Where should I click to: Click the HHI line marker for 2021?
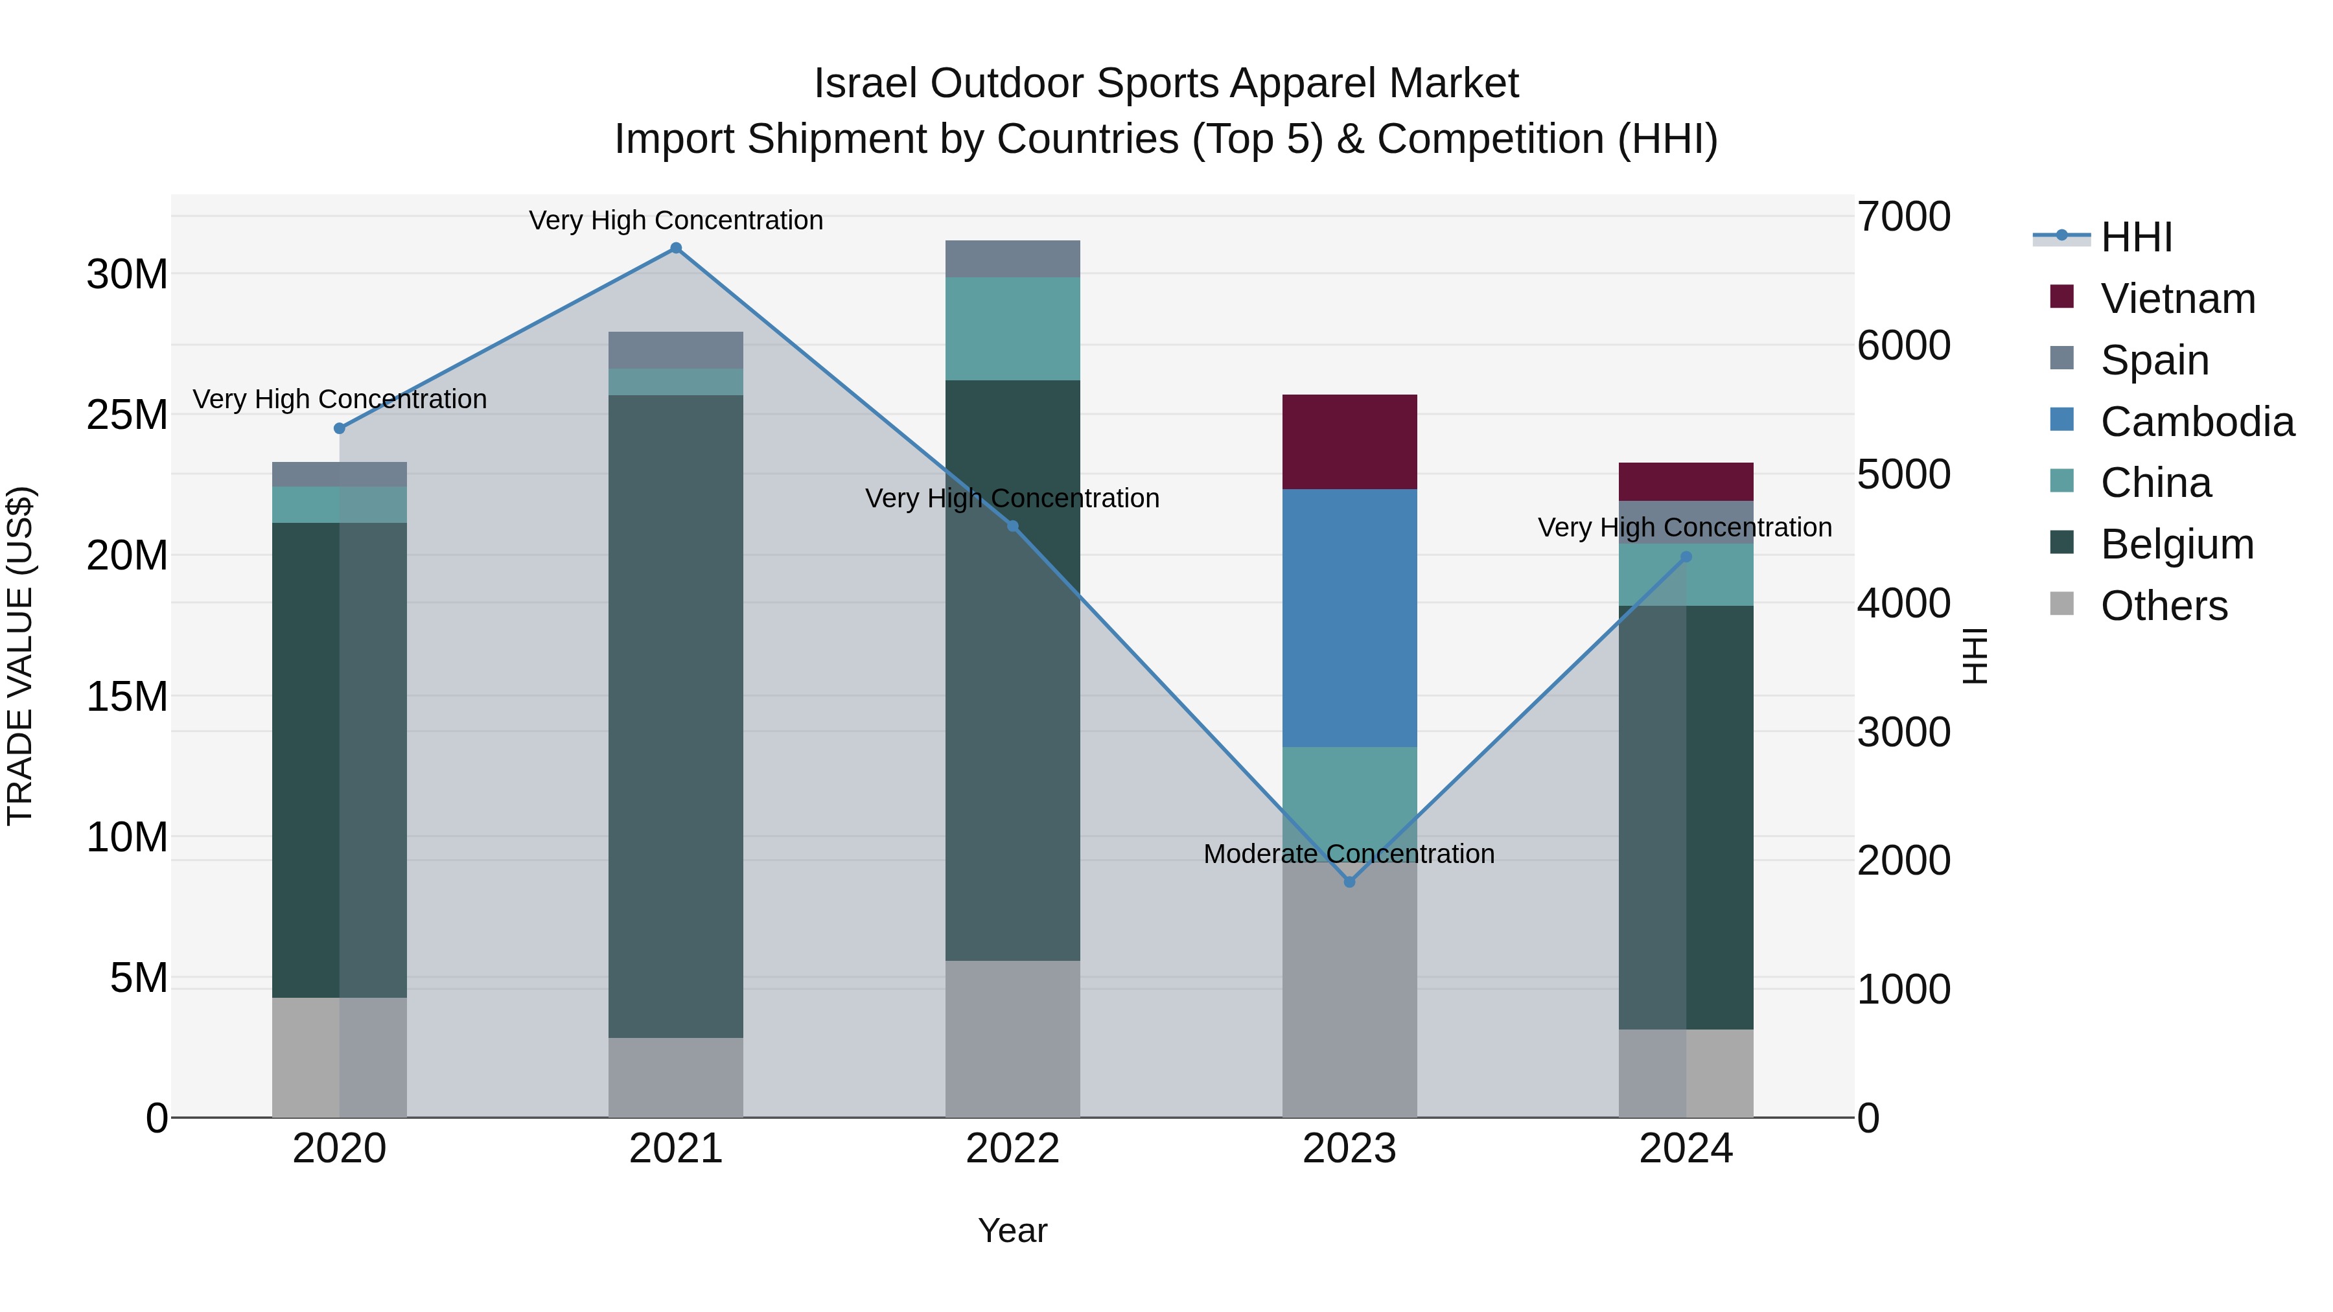tap(676, 248)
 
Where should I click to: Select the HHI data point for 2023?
tap(1349, 882)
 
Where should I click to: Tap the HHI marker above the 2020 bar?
tap(340, 428)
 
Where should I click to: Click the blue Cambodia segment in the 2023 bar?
tap(1349, 619)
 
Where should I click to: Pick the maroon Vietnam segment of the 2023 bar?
tap(1349, 442)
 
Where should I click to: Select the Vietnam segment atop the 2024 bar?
tap(1686, 481)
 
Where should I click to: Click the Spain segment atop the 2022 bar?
tap(1012, 259)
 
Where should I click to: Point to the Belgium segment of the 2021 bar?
tap(676, 715)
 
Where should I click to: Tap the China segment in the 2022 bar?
tap(1012, 328)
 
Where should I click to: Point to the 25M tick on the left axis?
tap(127, 415)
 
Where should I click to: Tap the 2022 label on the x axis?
tap(1012, 1149)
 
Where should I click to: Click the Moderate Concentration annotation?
tap(1349, 854)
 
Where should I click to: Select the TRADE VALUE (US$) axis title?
tap(20, 656)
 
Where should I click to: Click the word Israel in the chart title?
tap(866, 84)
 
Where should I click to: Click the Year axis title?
tap(1012, 1230)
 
